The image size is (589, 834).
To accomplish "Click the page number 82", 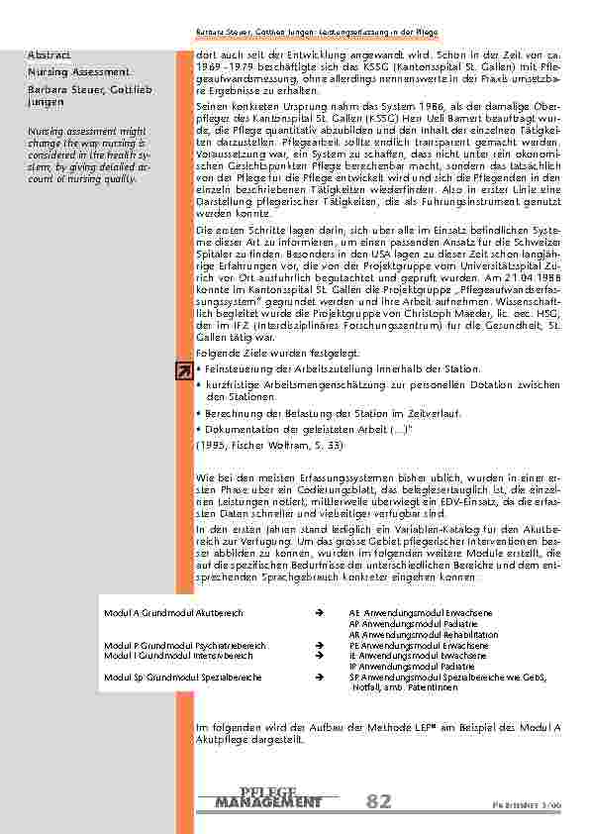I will pyautogui.click(x=378, y=801).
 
